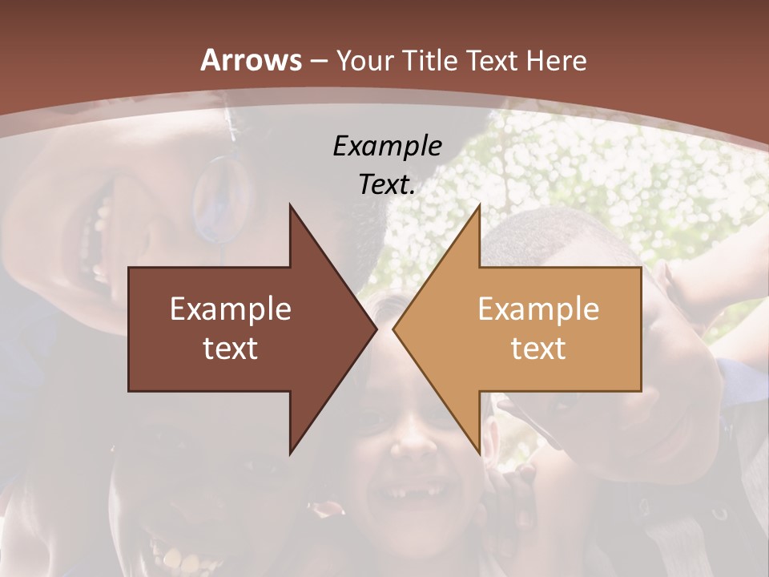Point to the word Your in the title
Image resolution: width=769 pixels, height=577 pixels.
pyautogui.click(x=366, y=60)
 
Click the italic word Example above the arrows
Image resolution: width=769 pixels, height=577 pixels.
pyautogui.click(x=387, y=146)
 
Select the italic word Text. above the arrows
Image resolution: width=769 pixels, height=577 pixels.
pyautogui.click(x=387, y=185)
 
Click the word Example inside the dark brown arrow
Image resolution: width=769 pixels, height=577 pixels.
pyautogui.click(x=231, y=309)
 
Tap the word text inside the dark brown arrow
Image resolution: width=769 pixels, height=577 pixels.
pyautogui.click(x=231, y=349)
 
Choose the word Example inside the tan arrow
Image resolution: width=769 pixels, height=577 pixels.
pyautogui.click(x=538, y=309)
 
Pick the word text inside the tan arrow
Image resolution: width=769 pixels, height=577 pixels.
pyautogui.click(x=538, y=349)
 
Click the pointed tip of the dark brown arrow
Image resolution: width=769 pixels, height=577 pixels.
pyautogui.click(x=376, y=329)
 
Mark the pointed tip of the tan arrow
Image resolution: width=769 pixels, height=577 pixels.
pyautogui.click(x=393, y=329)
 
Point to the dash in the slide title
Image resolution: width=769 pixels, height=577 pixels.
pyautogui.click(x=319, y=61)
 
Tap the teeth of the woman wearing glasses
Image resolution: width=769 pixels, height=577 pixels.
pyautogui.click(x=101, y=240)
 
